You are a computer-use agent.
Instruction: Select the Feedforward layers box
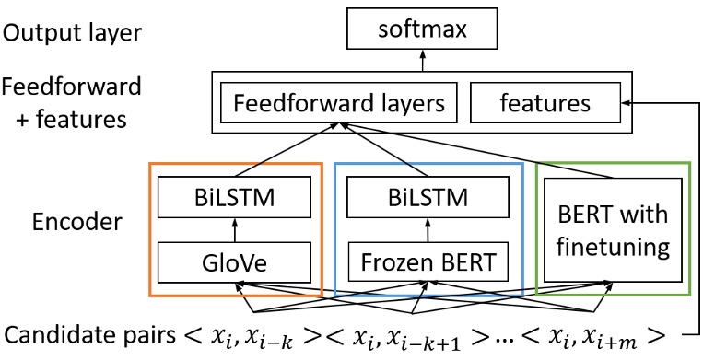pyautogui.click(x=341, y=102)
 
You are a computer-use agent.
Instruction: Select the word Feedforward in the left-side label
pyautogui.click(x=72, y=87)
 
